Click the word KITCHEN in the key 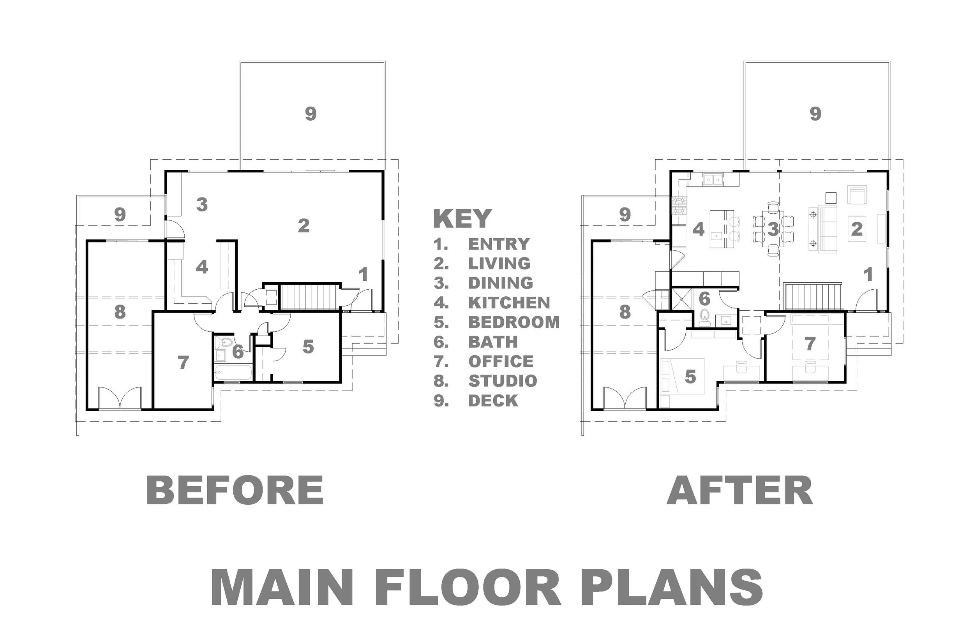(509, 303)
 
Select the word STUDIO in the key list (503, 381)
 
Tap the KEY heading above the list (462, 218)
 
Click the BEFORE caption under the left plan (235, 490)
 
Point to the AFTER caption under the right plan (739, 490)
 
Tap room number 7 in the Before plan (183, 362)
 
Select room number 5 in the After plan (690, 377)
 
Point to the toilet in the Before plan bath (224, 342)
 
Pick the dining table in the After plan (773, 229)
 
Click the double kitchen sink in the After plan (713, 179)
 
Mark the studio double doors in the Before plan (120, 398)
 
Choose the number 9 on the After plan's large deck (815, 114)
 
